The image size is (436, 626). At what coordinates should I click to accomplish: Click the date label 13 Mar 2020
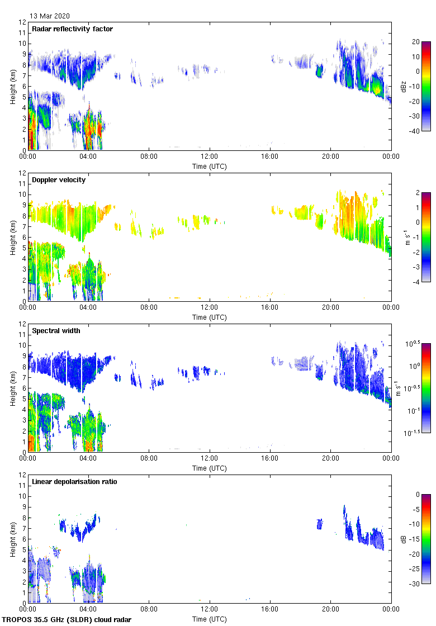click(x=50, y=16)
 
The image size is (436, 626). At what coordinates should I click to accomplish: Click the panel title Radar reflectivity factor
click(x=73, y=29)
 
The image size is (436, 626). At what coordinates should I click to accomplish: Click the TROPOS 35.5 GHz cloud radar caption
click(x=67, y=620)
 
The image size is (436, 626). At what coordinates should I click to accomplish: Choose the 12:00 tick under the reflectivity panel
click(x=210, y=156)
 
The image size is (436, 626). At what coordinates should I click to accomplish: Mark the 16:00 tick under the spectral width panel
click(x=270, y=458)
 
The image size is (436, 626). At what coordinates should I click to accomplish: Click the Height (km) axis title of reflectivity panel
click(x=12, y=86)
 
